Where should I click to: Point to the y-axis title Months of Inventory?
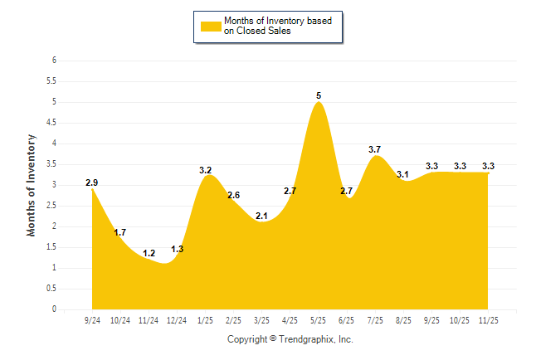[32, 185]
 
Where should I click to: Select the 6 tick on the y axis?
[54, 61]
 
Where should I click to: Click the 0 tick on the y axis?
[54, 309]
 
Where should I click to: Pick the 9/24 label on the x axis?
[92, 320]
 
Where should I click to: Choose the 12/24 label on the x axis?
[177, 320]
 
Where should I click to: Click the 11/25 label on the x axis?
[489, 320]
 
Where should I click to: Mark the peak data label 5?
[319, 96]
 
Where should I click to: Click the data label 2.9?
[92, 182]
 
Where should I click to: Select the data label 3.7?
[375, 149]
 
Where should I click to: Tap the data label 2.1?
[262, 216]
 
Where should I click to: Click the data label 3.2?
[206, 170]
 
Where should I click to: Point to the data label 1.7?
[121, 232]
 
